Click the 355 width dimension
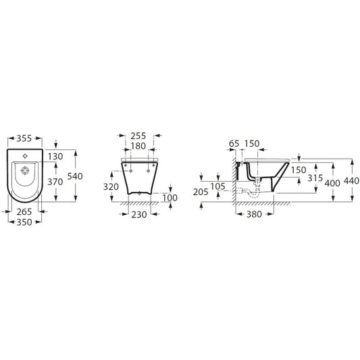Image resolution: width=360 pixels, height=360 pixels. pyautogui.click(x=24, y=138)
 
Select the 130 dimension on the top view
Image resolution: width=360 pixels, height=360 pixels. pyautogui.click(x=55, y=157)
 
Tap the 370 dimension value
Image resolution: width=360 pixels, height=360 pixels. pyautogui.click(x=55, y=182)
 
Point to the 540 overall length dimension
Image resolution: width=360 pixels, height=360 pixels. pyautogui.click(x=75, y=176)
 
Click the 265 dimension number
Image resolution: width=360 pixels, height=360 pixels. pyautogui.click(x=24, y=211)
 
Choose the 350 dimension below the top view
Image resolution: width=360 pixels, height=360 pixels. pyautogui.click(x=24, y=222)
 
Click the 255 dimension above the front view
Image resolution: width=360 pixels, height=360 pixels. pyautogui.click(x=138, y=136)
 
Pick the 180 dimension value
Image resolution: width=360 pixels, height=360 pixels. pyautogui.click(x=138, y=146)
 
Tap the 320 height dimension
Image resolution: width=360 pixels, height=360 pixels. pyautogui.click(x=111, y=187)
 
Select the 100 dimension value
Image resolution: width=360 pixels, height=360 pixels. pyautogui.click(x=170, y=198)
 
